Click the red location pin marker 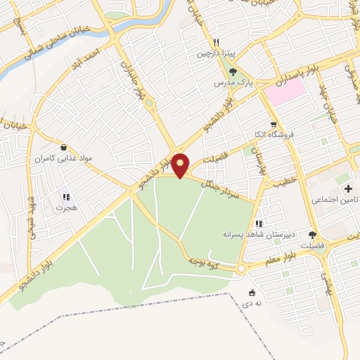click(x=181, y=165)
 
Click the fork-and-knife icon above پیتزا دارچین click(x=217, y=42)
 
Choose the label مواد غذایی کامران click(x=65, y=159)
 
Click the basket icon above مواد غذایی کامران click(x=65, y=148)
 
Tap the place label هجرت click(x=67, y=209)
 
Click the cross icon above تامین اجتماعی click(x=347, y=189)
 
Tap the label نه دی click(x=251, y=304)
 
